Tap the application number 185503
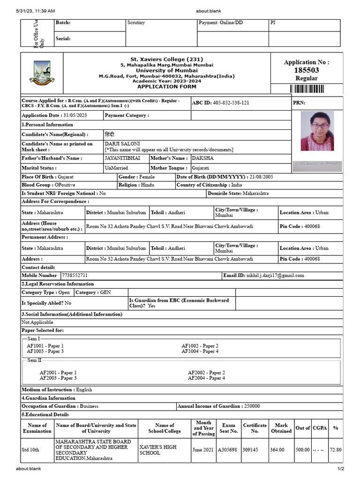pos(307,70)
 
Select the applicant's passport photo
pos(317,131)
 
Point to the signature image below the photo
pos(316,165)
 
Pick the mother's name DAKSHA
pos(202,158)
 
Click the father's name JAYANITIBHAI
pos(122,158)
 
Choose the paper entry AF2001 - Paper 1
pos(58,373)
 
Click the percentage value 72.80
pos(336,450)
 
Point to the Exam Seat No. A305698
pos(228,450)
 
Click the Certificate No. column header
pos(255,428)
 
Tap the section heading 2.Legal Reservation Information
pos(58,284)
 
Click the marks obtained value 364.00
pos(277,450)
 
